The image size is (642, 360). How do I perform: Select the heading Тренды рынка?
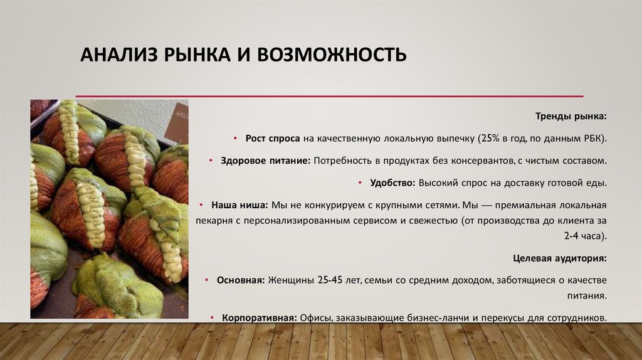point(571,117)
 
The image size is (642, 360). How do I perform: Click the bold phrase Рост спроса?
point(273,138)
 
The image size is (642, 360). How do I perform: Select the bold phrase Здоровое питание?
point(265,161)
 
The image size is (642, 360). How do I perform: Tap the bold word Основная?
point(241,280)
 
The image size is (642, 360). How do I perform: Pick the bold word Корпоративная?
point(259,317)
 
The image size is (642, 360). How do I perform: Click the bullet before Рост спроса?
point(235,138)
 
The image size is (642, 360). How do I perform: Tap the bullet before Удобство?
point(360,183)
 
